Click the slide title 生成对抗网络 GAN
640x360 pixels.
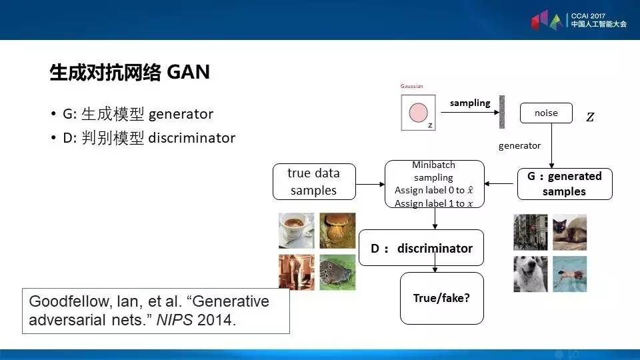(130, 72)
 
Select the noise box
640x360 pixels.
(546, 113)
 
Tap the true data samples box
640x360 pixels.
(313, 181)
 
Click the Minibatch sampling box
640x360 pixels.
(433, 184)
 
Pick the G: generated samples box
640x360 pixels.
(564, 184)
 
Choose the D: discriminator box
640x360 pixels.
(421, 249)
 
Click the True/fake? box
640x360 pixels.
(441, 297)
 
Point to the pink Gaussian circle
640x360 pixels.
(419, 111)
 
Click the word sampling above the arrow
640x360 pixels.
(470, 103)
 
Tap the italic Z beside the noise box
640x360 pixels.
(590, 117)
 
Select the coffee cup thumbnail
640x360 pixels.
(296, 230)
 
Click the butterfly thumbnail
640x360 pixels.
(337, 272)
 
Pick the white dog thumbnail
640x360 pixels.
(530, 273)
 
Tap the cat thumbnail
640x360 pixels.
(570, 231)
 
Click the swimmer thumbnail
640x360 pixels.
(570, 273)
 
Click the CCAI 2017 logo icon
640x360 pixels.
(548, 20)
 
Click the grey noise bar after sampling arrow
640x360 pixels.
(502, 113)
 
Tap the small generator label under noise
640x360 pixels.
(519, 145)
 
